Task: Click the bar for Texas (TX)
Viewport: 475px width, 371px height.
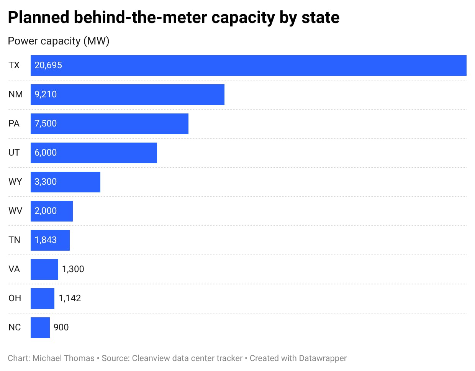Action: [x=248, y=66]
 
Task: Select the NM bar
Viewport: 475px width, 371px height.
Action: [x=128, y=95]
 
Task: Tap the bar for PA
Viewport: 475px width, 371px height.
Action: [x=110, y=124]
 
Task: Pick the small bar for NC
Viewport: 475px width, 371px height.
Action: [x=40, y=328]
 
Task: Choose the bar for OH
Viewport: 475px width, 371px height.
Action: [x=43, y=299]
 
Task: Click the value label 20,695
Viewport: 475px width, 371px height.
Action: [x=48, y=65]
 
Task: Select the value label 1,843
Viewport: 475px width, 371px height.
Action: [x=46, y=240]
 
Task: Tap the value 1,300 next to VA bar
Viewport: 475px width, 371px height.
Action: [x=73, y=269]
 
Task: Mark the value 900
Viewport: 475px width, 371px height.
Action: [x=61, y=327]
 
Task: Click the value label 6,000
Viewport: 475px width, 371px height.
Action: [x=46, y=153]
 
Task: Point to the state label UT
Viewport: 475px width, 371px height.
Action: [x=14, y=153]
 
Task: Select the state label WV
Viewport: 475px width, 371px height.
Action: [x=15, y=211]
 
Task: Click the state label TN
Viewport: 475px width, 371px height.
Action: [x=15, y=240]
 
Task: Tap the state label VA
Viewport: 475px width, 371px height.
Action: [x=14, y=269]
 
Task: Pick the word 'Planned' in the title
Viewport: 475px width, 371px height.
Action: [x=39, y=18]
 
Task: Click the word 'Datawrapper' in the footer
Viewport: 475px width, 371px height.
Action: [x=323, y=358]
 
